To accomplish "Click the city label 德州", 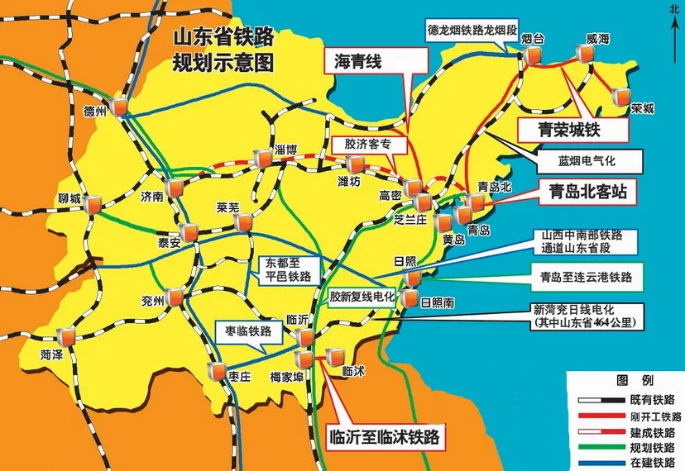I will point(98,109).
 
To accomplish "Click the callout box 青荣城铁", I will point(572,130).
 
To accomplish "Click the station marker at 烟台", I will point(533,55).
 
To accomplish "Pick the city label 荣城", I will point(641,108).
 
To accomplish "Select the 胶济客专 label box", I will point(366,144).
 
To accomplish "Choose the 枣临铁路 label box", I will point(248,331).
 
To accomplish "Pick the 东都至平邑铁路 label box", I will point(289,270).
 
